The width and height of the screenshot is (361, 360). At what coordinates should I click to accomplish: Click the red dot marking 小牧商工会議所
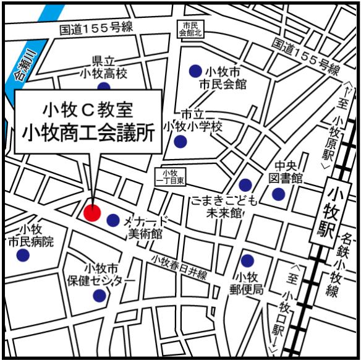tap(92, 213)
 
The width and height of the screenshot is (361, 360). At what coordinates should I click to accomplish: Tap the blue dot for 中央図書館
tap(279, 195)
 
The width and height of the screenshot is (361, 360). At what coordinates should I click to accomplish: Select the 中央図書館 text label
tap(289, 172)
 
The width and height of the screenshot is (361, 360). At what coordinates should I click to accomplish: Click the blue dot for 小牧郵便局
tap(247, 261)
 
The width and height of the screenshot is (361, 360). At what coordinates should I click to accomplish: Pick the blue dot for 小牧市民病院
tap(23, 255)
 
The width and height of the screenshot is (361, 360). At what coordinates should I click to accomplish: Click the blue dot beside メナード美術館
tap(113, 220)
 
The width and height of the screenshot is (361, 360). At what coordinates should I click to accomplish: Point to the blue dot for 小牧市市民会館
tap(195, 71)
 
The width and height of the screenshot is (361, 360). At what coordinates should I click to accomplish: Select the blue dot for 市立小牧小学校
tap(180, 142)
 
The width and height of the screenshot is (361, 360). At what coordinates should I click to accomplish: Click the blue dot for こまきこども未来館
tap(245, 184)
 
